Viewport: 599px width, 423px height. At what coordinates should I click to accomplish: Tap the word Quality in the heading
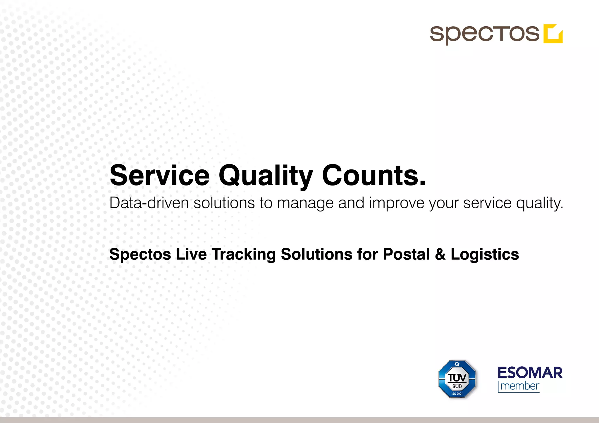tap(266, 176)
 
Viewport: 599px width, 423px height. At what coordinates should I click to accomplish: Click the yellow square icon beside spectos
tap(553, 34)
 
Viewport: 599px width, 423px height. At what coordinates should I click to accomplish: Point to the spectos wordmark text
tap(484, 34)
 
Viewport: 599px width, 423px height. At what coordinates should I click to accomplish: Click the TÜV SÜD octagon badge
tap(457, 379)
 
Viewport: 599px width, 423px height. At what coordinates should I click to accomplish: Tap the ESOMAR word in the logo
tap(530, 373)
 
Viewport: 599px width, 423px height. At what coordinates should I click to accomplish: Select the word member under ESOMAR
tap(520, 386)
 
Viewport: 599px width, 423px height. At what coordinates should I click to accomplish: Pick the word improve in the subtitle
tap(397, 203)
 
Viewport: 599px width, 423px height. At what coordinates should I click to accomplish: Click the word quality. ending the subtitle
tap(539, 203)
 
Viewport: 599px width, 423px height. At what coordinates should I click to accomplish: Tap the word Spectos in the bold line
tap(140, 254)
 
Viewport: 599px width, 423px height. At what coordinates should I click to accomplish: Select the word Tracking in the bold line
tap(244, 254)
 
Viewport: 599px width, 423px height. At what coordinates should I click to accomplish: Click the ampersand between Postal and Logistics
tap(440, 254)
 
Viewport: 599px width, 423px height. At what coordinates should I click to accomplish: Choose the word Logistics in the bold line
tap(485, 254)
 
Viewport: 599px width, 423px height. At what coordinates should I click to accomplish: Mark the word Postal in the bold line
tap(406, 254)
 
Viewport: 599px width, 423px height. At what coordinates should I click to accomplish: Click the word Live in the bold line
tap(191, 254)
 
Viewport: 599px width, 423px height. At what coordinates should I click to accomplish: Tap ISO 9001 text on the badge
tap(457, 394)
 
